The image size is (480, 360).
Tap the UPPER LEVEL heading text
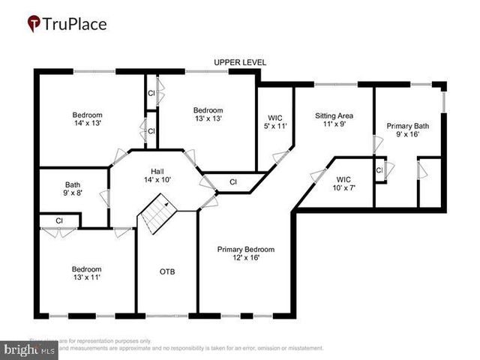coord(240,62)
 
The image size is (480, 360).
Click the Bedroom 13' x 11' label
coord(86,273)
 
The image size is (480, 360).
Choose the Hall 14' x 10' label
coord(158,175)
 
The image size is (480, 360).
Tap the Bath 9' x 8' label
coord(73,188)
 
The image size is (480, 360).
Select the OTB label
coord(166,271)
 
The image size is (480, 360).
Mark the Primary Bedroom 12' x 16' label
coord(245,253)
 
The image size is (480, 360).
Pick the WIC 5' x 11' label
coord(274,122)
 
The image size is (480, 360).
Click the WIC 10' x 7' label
coord(344,184)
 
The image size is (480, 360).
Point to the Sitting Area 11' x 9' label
coord(334,121)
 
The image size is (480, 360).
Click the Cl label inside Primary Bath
coord(379,171)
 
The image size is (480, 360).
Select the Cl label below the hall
coord(232,181)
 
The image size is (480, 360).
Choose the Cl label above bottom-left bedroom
coord(58,220)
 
